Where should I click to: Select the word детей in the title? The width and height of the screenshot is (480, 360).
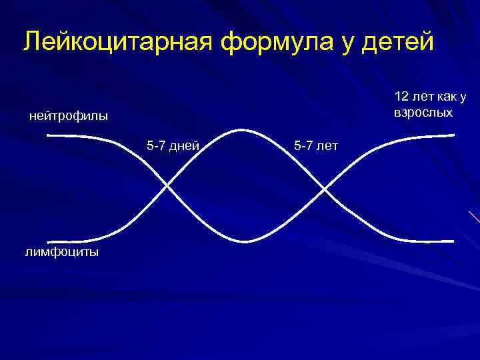pos(401,41)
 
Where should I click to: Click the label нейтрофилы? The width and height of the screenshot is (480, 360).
pos(69,117)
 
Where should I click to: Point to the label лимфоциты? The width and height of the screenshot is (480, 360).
pos(63,252)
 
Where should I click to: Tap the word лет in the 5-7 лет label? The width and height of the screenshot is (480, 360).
pos(326,145)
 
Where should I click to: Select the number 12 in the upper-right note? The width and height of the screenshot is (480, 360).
pos(402,97)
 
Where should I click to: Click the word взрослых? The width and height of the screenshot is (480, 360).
pos(423,112)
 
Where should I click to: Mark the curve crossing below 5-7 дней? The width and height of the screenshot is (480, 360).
pos(166,187)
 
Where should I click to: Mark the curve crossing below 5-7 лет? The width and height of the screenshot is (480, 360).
pos(325,189)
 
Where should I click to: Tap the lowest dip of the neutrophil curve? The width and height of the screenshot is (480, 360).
pos(245,241)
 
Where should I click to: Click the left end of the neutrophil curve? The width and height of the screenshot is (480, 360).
pos(49,135)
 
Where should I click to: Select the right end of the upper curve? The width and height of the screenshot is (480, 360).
pos(453,135)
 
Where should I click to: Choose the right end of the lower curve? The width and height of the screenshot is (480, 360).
pos(453,241)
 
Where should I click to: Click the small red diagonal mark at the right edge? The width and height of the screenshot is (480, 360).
pos(474,217)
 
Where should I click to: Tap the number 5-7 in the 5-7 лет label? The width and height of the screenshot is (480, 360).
pos(303,145)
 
